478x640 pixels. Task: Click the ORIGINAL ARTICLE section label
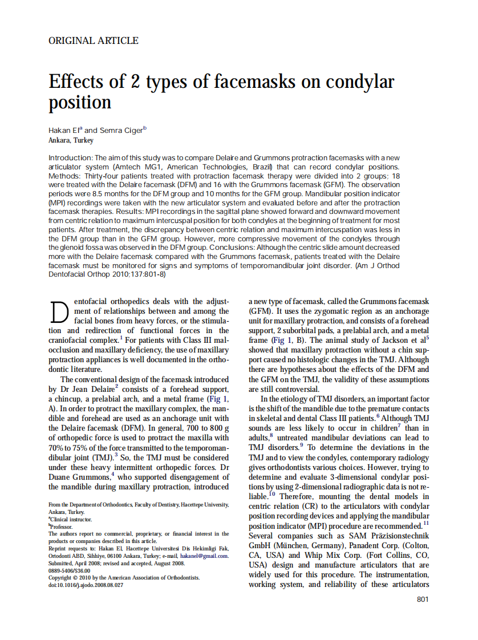pos(94,40)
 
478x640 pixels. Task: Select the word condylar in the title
pos(360,81)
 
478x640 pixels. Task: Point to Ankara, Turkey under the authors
pos(71,140)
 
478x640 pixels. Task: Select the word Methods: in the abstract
pos(64,176)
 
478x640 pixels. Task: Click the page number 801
pos(423,599)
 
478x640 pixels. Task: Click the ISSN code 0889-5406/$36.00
pos(70,570)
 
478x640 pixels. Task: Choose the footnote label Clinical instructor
pos(71,519)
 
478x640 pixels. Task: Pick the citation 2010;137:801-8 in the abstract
pos(139,275)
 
